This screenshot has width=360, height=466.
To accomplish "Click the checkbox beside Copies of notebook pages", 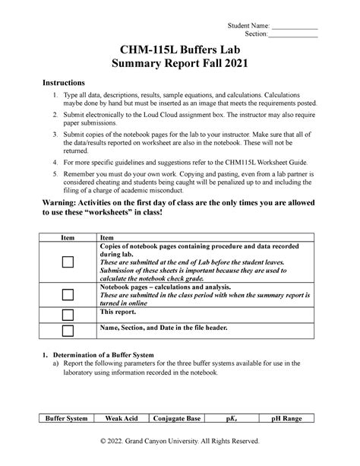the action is pyautogui.click(x=67, y=262).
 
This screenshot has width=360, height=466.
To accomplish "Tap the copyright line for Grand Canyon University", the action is pyautogui.click(x=179, y=441).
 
